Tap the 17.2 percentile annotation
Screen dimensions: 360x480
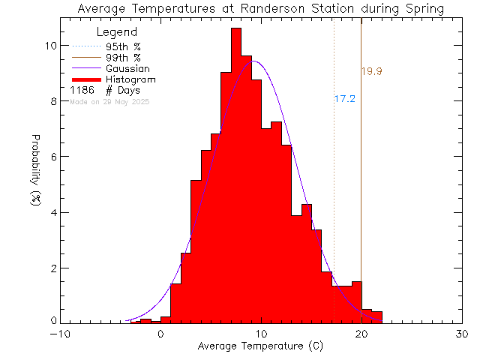(344, 98)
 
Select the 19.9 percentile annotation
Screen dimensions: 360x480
(372, 72)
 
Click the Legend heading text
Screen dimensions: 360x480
(117, 32)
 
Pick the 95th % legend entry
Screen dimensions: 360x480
(123, 46)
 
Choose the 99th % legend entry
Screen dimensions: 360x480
(123, 58)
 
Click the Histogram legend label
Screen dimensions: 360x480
(130, 79)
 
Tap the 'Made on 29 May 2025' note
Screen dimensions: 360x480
(109, 100)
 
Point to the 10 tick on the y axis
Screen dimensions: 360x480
(49, 46)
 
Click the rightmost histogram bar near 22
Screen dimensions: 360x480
(377, 317)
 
